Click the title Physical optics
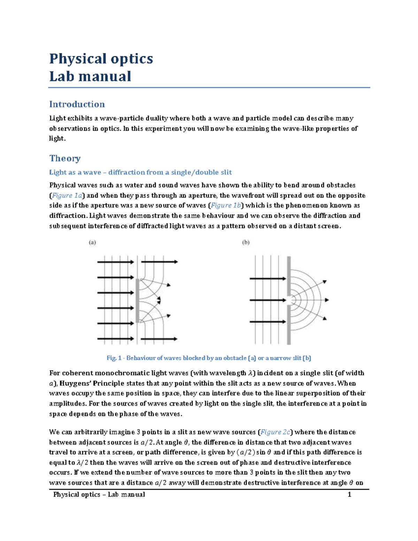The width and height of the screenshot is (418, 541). coord(101,59)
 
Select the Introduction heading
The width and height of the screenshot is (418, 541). coord(77,104)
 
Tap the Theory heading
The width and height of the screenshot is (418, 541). coord(65,158)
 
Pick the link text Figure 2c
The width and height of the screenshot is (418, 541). coord(275,432)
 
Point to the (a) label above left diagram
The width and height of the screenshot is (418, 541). coord(92,242)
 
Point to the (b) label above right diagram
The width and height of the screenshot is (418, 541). coord(246,242)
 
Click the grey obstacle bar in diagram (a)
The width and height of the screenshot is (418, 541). coord(138,300)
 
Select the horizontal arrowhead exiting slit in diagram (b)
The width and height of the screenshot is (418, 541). coord(326,300)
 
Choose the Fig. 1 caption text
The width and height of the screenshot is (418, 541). coord(209,358)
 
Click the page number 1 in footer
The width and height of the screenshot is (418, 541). coord(349,495)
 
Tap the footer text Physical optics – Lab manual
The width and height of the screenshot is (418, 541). coord(99,495)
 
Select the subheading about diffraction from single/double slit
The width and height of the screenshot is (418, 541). coord(140,172)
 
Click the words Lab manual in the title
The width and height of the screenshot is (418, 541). coord(90,77)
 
